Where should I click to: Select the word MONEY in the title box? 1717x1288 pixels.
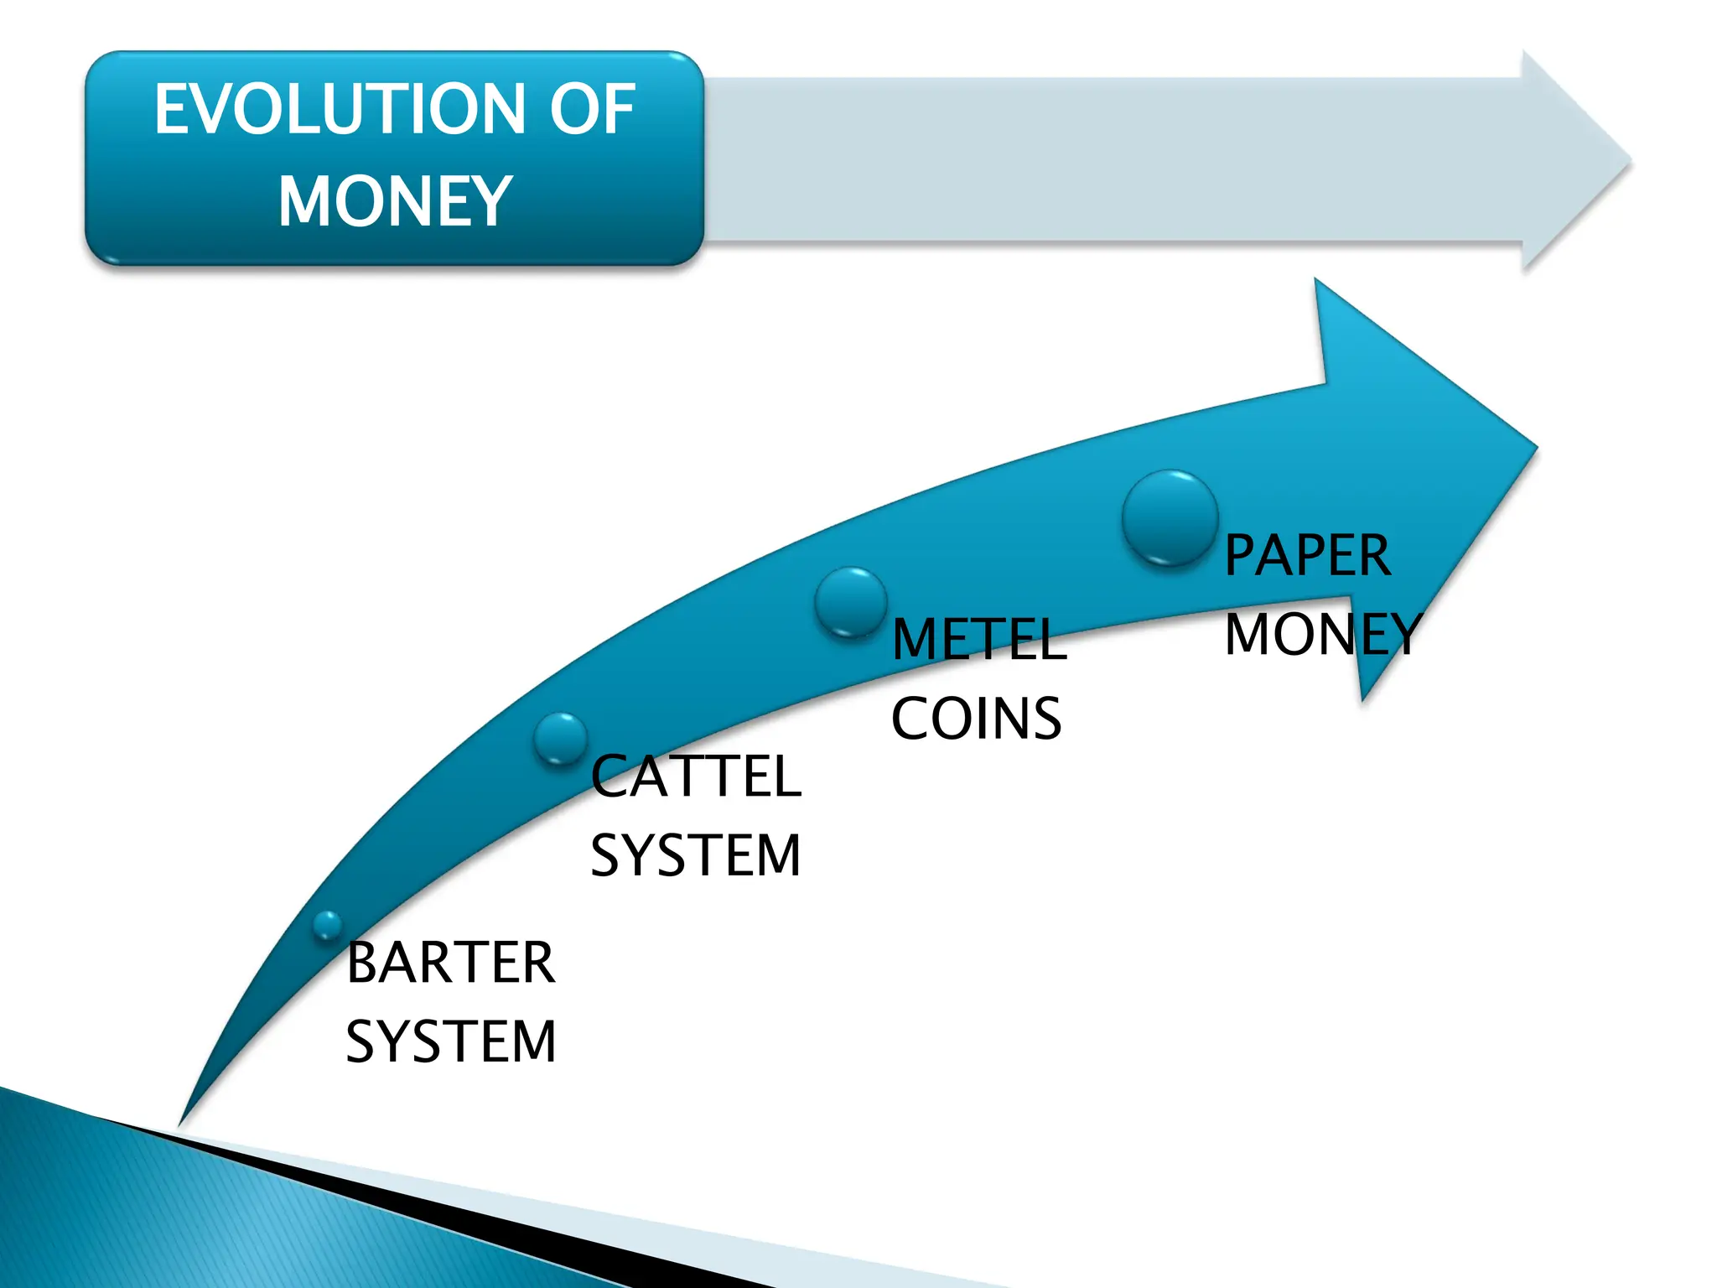pos(395,202)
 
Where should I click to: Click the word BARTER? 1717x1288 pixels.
pos(450,963)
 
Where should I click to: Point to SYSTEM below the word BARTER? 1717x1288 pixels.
pos(451,1041)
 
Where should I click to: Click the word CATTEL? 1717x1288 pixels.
pos(696,776)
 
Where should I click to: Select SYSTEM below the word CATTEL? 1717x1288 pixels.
pos(696,855)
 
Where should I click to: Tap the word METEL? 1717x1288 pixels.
pos(979,640)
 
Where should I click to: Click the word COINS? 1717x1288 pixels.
pos(977,719)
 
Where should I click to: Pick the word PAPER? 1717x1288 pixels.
pos(1307,555)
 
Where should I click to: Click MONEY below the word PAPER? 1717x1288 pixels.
pos(1323,634)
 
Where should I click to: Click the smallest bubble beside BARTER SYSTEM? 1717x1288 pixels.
pos(327,925)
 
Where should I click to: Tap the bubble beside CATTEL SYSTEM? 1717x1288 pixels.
pos(560,739)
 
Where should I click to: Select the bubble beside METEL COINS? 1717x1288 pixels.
pos(851,601)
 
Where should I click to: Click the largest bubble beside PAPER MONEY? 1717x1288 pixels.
pos(1170,517)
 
